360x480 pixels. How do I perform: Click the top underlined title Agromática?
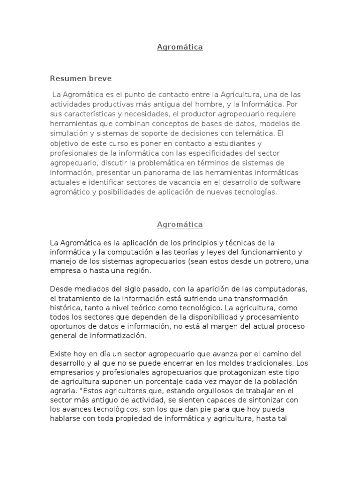pos(180,47)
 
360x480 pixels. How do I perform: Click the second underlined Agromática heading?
pos(180,225)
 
